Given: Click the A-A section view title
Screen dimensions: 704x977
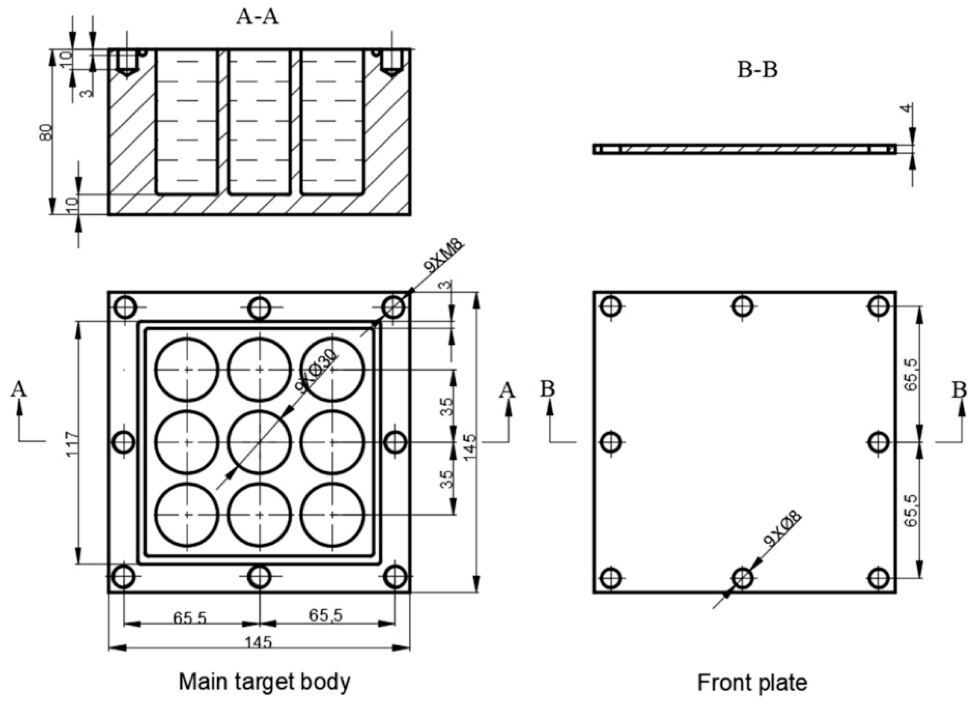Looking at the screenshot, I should (257, 17).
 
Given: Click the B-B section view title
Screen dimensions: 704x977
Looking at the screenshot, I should (757, 70).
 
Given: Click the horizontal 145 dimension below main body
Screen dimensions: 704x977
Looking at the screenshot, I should (259, 643).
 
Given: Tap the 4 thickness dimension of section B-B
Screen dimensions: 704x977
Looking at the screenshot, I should (907, 108).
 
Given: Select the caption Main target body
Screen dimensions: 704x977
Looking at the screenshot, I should (264, 682).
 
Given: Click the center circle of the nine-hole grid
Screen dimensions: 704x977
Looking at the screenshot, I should (259, 442).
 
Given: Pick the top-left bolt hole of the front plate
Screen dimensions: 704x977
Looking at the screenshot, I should (610, 307).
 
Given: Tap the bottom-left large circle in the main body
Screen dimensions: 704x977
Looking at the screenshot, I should (187, 515).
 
